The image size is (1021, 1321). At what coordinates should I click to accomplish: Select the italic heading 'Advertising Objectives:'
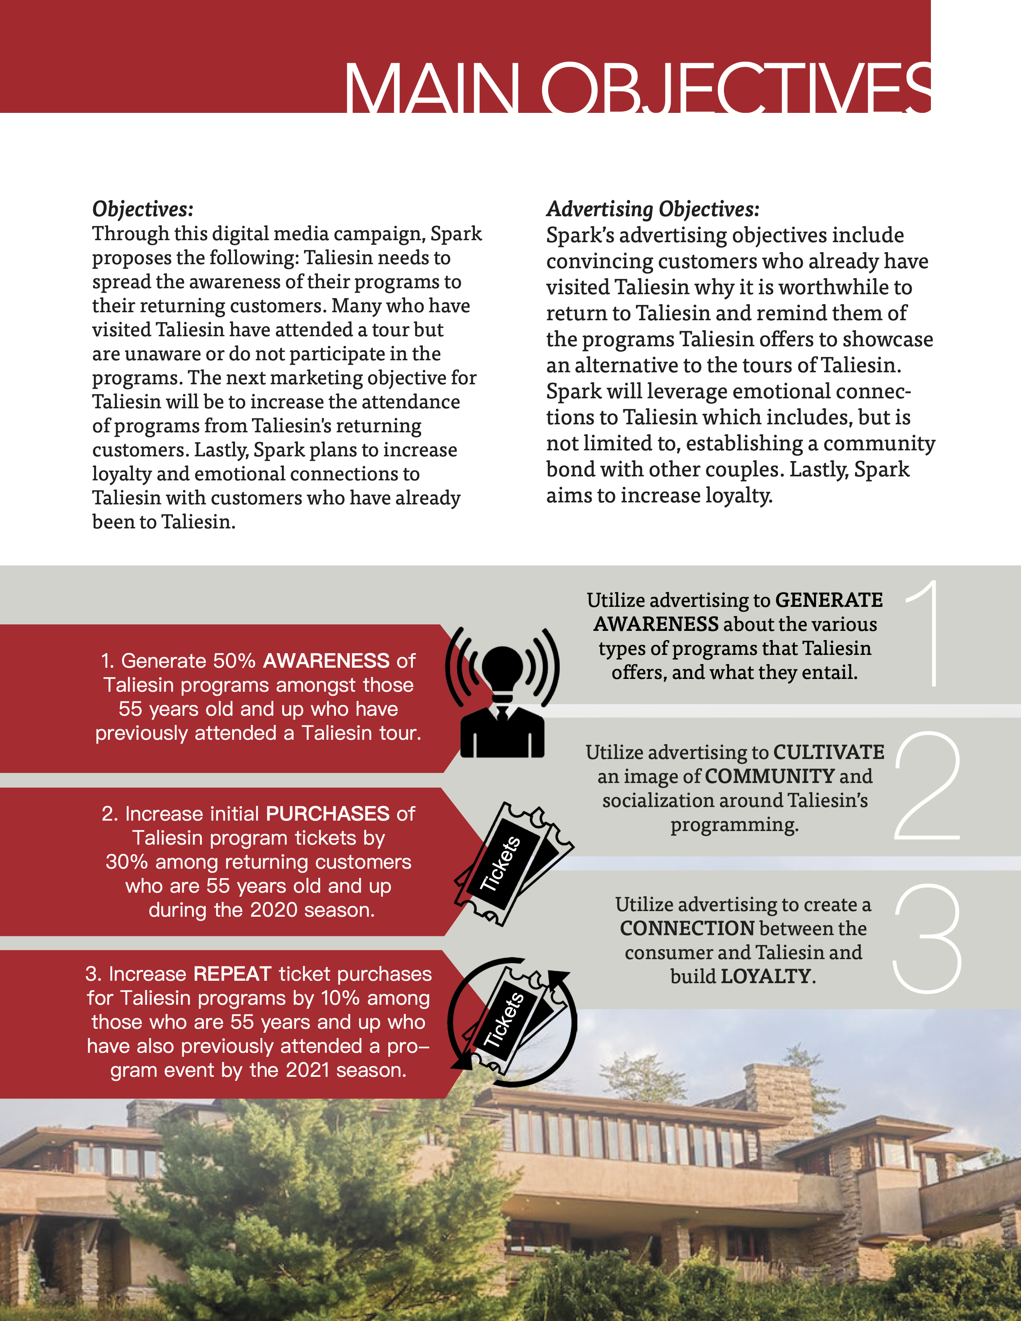tap(652, 209)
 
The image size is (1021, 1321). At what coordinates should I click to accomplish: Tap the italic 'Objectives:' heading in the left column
tap(143, 209)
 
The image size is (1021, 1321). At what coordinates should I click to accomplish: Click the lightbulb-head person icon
tap(502, 693)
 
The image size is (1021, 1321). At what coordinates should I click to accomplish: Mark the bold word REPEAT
tap(232, 974)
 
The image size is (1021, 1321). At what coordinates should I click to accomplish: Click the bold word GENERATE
tap(829, 600)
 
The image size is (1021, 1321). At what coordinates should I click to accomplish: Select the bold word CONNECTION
tap(687, 928)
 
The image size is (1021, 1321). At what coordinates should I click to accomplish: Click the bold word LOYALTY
tap(765, 976)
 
